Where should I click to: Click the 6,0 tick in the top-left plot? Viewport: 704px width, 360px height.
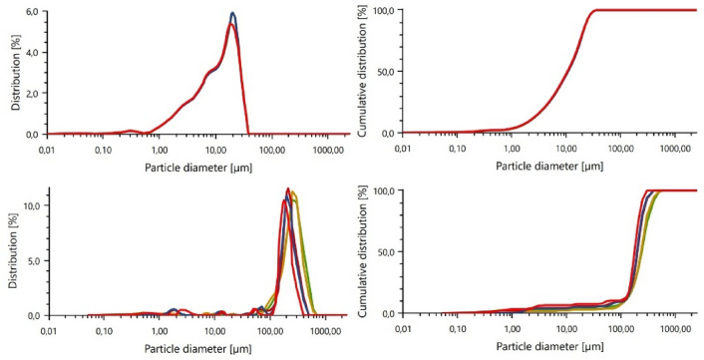(31, 11)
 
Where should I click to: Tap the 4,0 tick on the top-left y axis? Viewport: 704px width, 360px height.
(31, 52)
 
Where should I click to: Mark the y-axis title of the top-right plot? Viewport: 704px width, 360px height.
(363, 72)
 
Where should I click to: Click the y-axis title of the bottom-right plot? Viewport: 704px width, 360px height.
(363, 254)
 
